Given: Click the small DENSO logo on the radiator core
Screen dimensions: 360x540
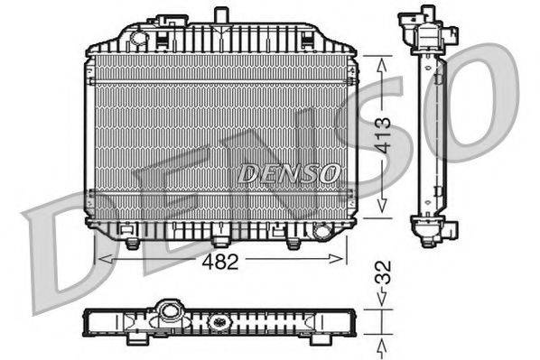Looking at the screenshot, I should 290,171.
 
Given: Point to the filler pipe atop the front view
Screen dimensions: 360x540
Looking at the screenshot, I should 219,16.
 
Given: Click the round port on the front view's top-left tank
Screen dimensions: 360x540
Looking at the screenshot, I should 137,37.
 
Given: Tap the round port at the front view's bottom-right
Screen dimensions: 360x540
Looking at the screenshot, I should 319,233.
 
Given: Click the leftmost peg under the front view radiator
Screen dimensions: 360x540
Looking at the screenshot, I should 132,243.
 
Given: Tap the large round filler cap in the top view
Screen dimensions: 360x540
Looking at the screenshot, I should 169,312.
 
